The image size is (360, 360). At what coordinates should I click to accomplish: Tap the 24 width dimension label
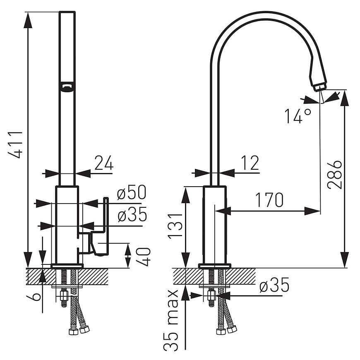coord(103,164)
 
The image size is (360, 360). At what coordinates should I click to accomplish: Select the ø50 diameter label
coord(132,193)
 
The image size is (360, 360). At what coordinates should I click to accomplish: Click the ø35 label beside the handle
coord(132,216)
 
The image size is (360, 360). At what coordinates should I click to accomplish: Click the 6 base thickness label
coord(36,296)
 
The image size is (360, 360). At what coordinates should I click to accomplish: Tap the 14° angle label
coord(298,116)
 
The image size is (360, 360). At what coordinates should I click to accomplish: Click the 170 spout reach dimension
coord(269,200)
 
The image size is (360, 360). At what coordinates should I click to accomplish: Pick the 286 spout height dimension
coord(334,174)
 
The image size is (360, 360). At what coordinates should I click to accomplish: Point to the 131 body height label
coord(175,226)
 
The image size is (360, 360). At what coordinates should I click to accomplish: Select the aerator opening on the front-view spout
coord(67,86)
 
